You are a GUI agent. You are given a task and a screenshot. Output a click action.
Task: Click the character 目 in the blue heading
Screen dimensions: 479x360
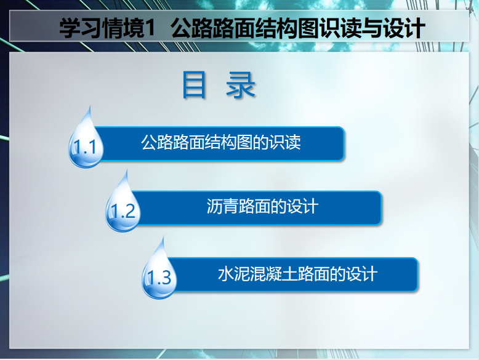(x=195, y=84)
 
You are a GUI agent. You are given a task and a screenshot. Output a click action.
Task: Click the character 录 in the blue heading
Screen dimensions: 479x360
(x=240, y=85)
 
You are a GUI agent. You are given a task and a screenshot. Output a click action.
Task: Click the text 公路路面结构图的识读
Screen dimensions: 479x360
(x=221, y=142)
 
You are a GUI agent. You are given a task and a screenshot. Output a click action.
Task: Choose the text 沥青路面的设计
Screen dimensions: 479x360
(x=262, y=206)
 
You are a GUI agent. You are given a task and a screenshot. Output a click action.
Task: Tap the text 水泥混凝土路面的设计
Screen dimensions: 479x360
(x=298, y=274)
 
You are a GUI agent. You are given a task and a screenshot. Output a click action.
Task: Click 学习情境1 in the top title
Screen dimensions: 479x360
(x=107, y=28)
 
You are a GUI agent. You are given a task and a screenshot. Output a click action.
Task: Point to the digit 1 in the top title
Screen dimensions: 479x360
(x=150, y=28)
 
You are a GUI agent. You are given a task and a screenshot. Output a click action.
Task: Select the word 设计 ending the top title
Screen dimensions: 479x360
(x=405, y=28)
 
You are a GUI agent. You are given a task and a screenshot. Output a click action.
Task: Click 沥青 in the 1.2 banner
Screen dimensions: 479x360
(x=222, y=206)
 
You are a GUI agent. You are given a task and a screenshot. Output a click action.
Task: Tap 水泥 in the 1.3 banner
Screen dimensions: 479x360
(x=234, y=274)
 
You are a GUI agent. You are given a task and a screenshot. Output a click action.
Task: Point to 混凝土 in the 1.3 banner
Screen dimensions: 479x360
(x=274, y=274)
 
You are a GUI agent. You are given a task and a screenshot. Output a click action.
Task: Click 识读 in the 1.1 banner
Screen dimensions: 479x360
(x=285, y=142)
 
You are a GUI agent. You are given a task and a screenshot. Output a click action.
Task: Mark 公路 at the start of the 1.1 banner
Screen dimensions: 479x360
(x=157, y=142)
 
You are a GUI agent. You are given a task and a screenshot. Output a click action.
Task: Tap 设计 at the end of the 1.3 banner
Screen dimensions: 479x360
(x=362, y=274)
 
